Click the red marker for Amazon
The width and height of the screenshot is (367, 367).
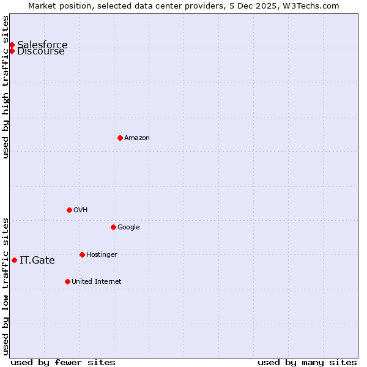pyautogui.click(x=120, y=138)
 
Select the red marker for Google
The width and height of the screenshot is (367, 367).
pyautogui.click(x=113, y=227)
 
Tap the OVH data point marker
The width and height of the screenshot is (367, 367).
pyautogui.click(x=69, y=210)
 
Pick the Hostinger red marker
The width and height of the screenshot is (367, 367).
pyautogui.click(x=82, y=254)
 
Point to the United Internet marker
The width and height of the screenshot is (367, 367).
pyautogui.click(x=67, y=281)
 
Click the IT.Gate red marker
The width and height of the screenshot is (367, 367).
pyautogui.click(x=14, y=260)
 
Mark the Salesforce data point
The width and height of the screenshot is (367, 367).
pyautogui.click(x=12, y=45)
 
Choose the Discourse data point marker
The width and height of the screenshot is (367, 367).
pyautogui.click(x=12, y=51)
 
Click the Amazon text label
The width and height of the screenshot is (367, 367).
pyautogui.click(x=137, y=138)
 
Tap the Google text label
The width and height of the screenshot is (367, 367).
pyautogui.click(x=128, y=228)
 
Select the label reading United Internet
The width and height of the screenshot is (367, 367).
pyautogui.click(x=96, y=282)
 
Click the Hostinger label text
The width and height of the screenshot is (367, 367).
pyautogui.click(x=102, y=255)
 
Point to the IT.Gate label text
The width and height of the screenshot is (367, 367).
pyautogui.click(x=37, y=261)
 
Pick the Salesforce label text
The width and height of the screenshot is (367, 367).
pyautogui.click(x=42, y=45)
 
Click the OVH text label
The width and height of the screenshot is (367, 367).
pyautogui.click(x=80, y=210)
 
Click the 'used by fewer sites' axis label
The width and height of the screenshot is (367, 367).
pyautogui.click(x=63, y=362)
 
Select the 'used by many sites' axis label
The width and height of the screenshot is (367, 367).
pyautogui.click(x=307, y=362)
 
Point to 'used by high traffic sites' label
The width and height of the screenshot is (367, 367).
pyautogui.click(x=6, y=87)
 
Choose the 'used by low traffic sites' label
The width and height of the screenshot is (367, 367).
pyautogui.click(x=6, y=286)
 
